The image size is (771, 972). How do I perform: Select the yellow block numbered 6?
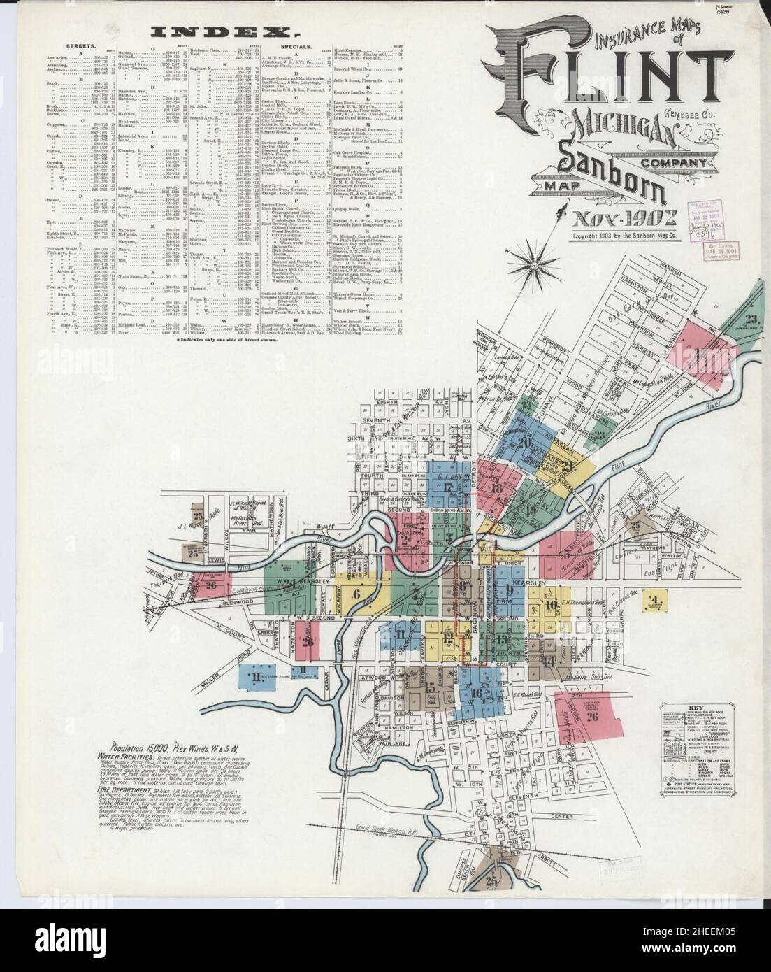tap(358, 594)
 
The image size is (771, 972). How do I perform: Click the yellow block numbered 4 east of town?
tap(654, 599)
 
